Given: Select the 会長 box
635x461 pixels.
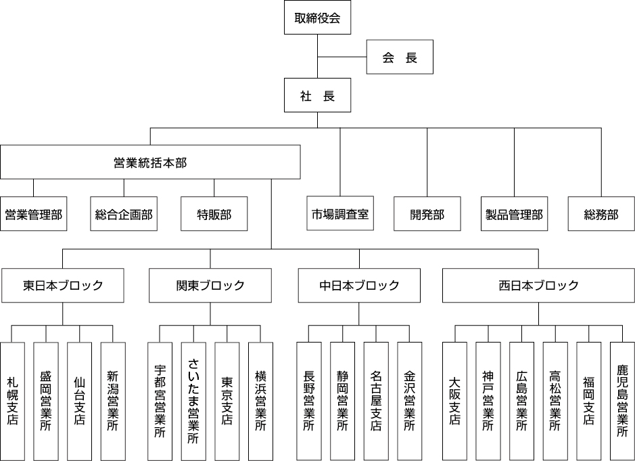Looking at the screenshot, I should (x=399, y=58).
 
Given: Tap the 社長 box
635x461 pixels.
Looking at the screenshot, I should (x=317, y=96).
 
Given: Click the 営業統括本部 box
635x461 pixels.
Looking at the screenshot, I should (x=150, y=162).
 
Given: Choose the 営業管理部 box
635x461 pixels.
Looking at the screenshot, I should (x=33, y=215).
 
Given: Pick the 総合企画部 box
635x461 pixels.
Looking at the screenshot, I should (x=124, y=215).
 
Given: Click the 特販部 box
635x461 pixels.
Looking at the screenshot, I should (x=214, y=215).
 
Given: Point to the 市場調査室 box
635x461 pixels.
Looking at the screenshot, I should (x=340, y=215).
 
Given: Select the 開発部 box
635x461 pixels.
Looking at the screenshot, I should (x=427, y=215).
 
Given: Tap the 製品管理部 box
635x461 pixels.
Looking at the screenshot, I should (x=514, y=215).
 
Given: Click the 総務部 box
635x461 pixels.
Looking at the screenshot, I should (x=601, y=215).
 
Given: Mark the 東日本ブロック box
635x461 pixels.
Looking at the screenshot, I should (x=63, y=285).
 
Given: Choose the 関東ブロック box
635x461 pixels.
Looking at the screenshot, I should (x=210, y=285).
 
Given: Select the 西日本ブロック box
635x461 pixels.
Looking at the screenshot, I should (x=538, y=285).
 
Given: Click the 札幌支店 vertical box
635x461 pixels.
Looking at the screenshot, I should (x=12, y=401).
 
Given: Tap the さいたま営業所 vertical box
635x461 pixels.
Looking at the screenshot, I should (x=193, y=401).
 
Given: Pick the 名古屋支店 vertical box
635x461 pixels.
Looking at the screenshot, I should (x=375, y=401).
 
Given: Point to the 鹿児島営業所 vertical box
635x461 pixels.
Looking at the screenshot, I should (x=622, y=401).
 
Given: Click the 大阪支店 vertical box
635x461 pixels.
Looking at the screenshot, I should (x=454, y=401).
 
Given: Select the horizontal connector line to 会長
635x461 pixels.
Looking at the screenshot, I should (x=342, y=58).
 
